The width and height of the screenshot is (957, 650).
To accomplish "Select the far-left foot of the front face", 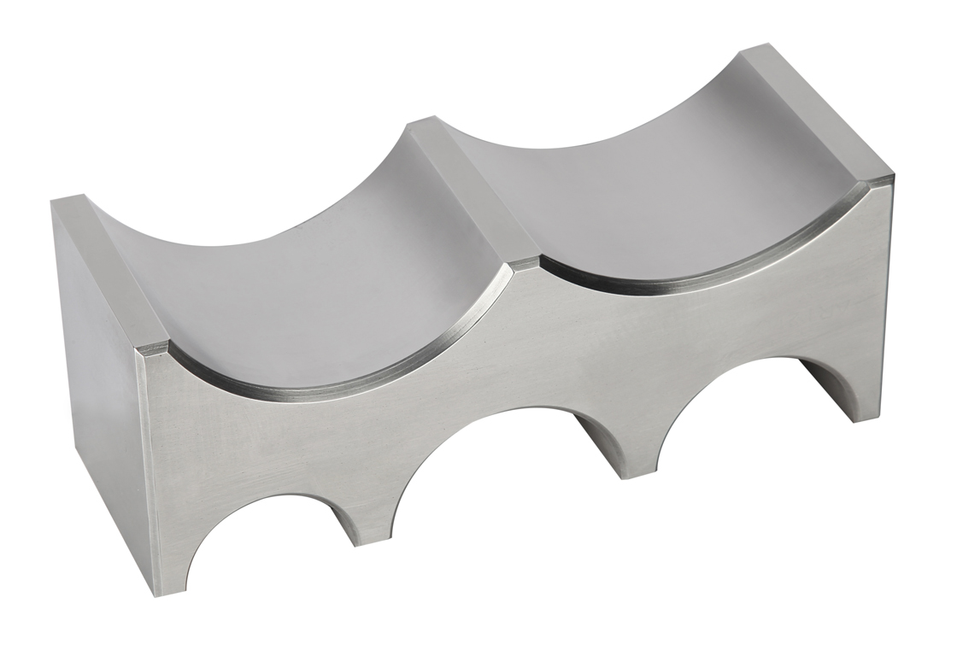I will tap(171, 564).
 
